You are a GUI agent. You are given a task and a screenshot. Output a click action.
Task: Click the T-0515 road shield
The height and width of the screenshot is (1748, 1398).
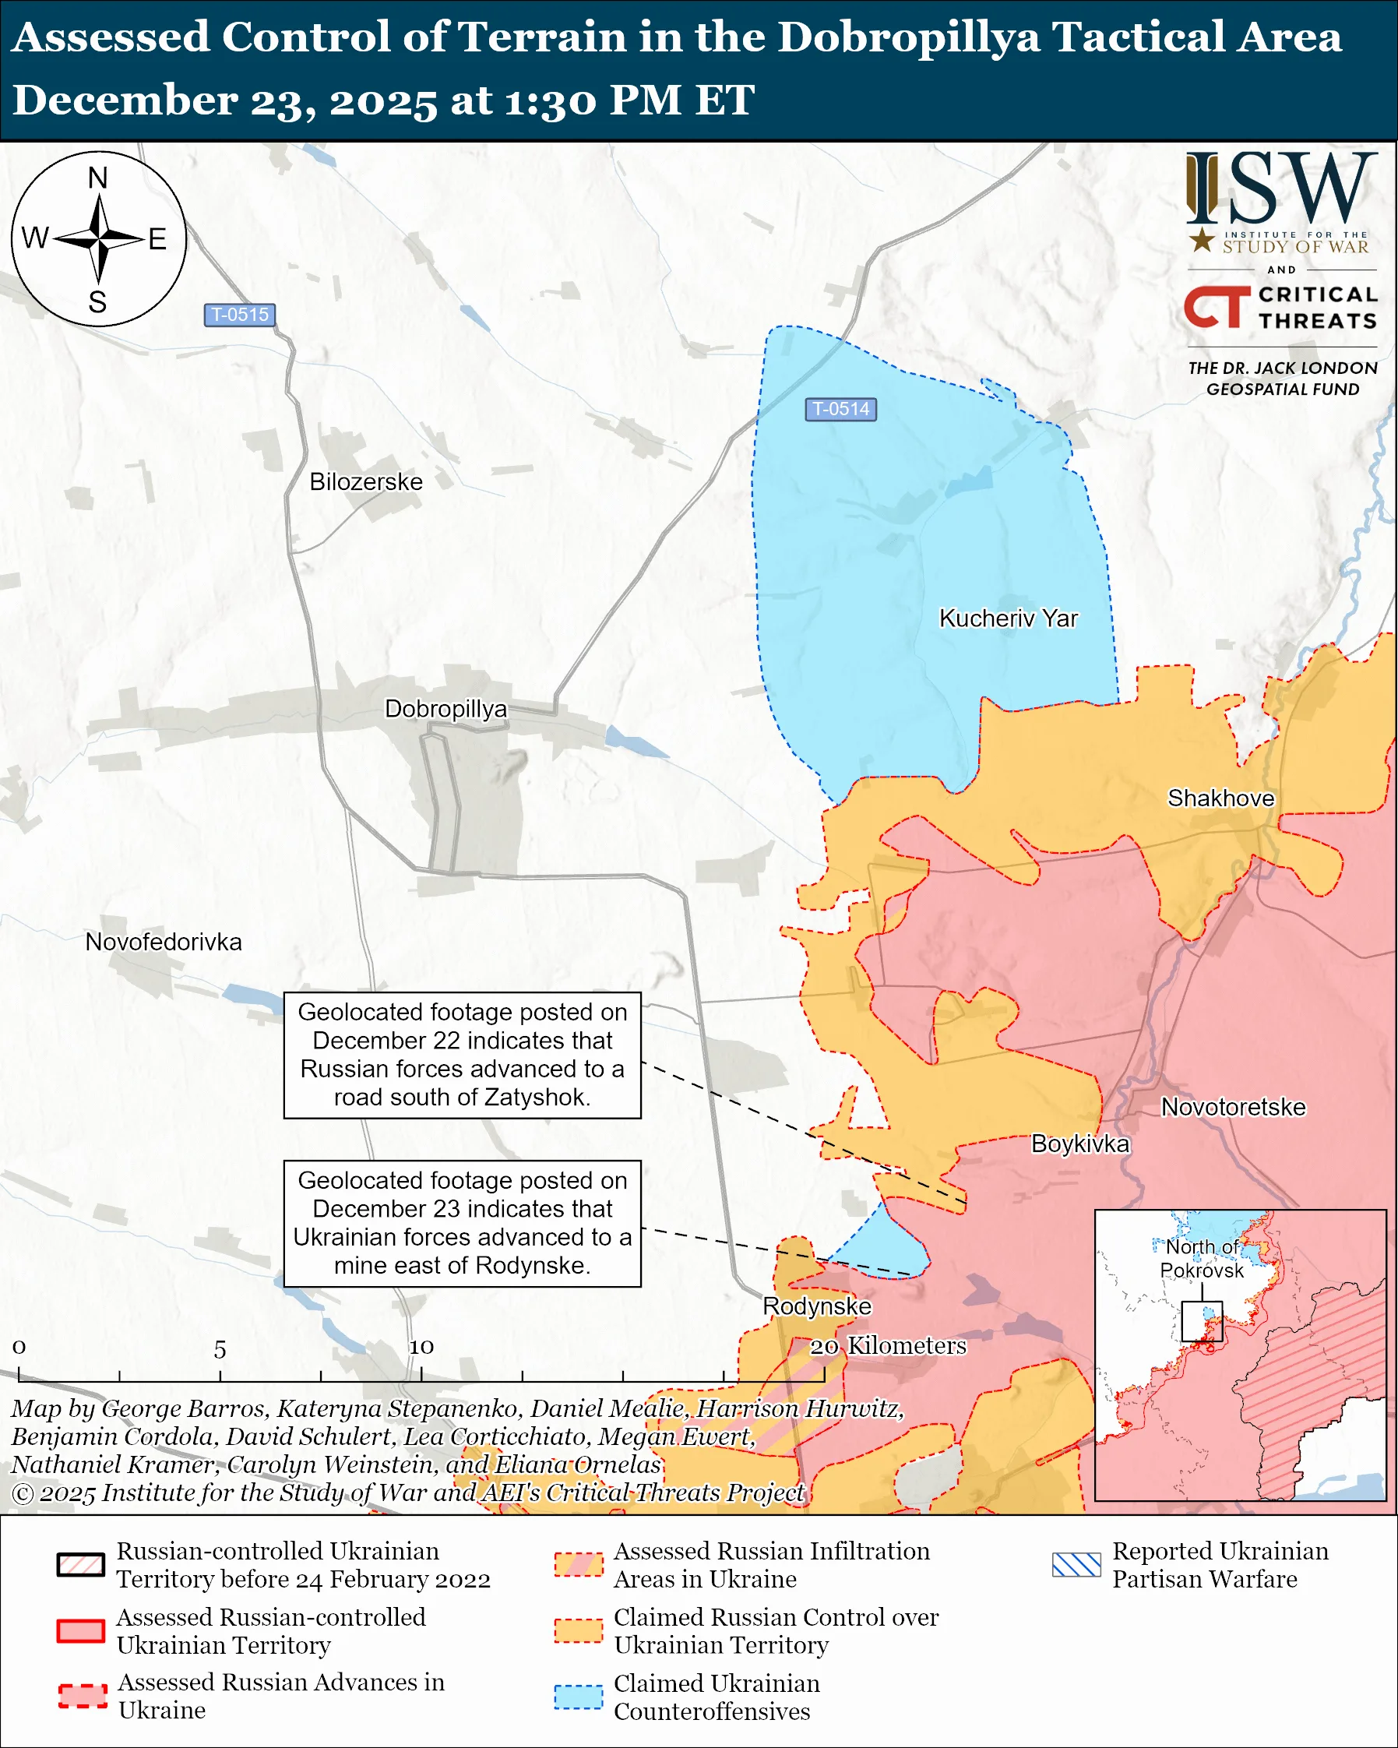pos(239,315)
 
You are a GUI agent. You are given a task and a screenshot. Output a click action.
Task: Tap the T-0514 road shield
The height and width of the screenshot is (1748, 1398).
pos(840,410)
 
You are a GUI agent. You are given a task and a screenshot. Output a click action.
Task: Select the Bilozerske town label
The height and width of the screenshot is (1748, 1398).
pos(365,481)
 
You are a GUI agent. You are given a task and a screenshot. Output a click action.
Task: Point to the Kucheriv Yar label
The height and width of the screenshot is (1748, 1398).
pos(1007,618)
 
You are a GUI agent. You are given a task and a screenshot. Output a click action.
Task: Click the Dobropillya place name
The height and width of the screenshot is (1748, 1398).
pos(445,709)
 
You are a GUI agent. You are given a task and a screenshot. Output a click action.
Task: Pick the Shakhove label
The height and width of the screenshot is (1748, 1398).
pos(1220,798)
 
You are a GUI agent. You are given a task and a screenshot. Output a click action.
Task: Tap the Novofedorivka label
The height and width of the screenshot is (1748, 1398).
pos(164,942)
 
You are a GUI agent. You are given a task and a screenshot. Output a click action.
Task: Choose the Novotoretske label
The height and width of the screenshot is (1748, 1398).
pos(1233,1108)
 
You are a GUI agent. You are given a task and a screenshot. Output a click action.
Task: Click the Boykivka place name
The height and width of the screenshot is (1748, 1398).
pos(1079,1144)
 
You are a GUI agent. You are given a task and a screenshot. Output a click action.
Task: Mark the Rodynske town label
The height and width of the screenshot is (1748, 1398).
pos(816,1307)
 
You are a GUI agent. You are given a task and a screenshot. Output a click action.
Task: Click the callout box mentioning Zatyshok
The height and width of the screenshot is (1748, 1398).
pos(462,1055)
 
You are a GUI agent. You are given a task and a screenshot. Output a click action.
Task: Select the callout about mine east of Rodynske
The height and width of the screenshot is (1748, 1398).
pos(462,1224)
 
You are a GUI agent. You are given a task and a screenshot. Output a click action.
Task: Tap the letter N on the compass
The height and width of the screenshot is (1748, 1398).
pos(98,178)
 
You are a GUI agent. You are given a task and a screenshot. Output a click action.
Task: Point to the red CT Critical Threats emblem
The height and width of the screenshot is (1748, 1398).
pos(1216,306)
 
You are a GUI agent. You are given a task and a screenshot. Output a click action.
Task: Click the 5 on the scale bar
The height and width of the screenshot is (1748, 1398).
pos(220,1350)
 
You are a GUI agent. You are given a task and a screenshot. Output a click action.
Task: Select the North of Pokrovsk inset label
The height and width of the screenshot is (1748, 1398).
pos(1201,1258)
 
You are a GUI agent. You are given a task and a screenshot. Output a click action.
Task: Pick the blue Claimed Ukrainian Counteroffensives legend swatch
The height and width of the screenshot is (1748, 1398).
pos(578,1697)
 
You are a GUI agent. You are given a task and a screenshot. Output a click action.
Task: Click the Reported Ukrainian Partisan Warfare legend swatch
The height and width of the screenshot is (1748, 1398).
pos(1076,1565)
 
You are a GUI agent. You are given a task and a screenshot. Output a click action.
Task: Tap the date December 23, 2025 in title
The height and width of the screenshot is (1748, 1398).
pos(224,100)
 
